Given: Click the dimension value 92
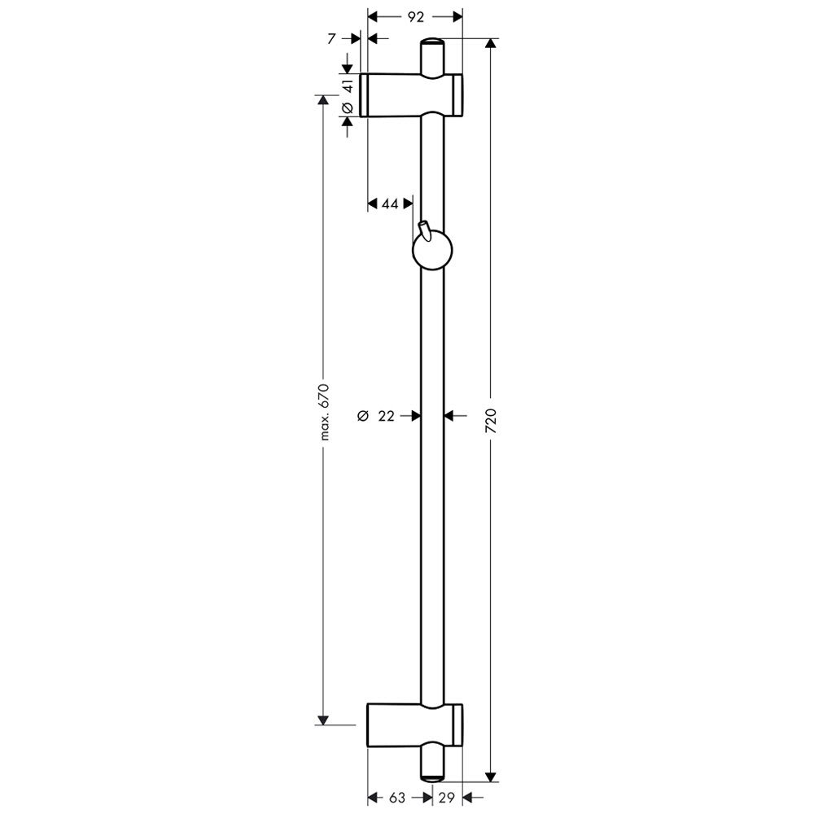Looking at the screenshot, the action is [415, 17].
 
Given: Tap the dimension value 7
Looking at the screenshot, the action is [332, 38].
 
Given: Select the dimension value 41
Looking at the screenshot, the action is [348, 84].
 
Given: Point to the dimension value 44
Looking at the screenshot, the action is [390, 204].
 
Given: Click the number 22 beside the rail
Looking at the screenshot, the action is [386, 415].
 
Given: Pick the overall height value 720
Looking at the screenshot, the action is [491, 421].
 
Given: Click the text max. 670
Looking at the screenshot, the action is [325, 412].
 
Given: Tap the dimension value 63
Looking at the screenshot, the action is [396, 798].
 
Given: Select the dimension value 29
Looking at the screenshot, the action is [446, 798].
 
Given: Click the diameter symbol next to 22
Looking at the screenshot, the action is [363, 415].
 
